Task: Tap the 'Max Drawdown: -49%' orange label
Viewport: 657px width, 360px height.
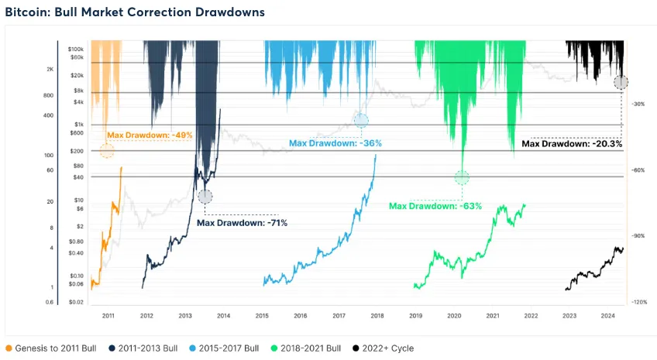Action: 150,135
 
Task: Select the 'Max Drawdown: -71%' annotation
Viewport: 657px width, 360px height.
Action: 242,223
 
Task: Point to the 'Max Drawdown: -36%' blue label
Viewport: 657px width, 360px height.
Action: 335,143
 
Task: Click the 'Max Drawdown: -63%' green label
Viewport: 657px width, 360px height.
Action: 435,206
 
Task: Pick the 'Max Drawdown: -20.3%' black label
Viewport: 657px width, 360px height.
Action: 572,143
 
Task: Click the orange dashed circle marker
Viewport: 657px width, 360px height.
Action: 107,150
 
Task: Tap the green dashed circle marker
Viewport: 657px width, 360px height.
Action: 462,177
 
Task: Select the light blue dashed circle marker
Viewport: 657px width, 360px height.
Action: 361,120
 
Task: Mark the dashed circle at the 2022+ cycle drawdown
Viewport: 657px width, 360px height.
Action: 621,82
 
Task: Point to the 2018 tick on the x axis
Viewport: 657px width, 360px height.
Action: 377,315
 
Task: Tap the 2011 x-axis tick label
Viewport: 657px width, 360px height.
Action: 108,315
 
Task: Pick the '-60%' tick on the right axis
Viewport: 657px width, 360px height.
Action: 640,170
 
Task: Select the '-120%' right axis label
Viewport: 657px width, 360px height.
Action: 639,302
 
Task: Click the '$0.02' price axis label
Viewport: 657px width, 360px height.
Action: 75,302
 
